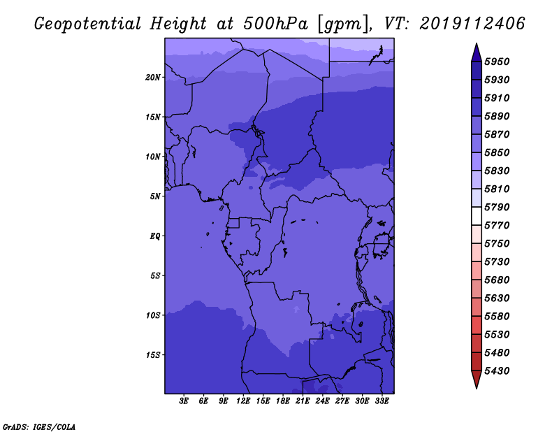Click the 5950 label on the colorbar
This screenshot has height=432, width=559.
click(x=497, y=62)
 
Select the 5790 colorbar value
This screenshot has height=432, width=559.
click(x=497, y=207)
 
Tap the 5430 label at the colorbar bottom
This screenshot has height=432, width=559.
click(x=497, y=371)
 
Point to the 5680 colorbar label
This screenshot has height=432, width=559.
click(x=497, y=280)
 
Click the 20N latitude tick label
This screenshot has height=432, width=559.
click(x=153, y=78)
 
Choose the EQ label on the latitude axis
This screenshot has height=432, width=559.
click(x=155, y=236)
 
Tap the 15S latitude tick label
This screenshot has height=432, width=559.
click(x=153, y=355)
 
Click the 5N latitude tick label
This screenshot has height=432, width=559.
click(x=155, y=196)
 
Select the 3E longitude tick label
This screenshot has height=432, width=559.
click(x=184, y=401)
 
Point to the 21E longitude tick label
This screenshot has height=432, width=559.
click(x=303, y=401)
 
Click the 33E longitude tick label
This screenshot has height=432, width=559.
click(x=382, y=401)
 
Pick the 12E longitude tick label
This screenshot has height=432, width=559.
click(x=243, y=401)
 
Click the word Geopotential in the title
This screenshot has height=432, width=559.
click(x=88, y=24)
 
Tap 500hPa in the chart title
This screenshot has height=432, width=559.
click(x=275, y=24)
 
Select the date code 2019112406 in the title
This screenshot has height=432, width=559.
click(x=472, y=24)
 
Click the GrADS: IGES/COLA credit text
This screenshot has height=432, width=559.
click(x=39, y=427)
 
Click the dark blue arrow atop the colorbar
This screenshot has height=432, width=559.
click(x=477, y=52)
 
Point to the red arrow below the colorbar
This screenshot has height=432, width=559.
click(x=477, y=380)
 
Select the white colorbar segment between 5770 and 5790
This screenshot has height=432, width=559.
click(x=477, y=216)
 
